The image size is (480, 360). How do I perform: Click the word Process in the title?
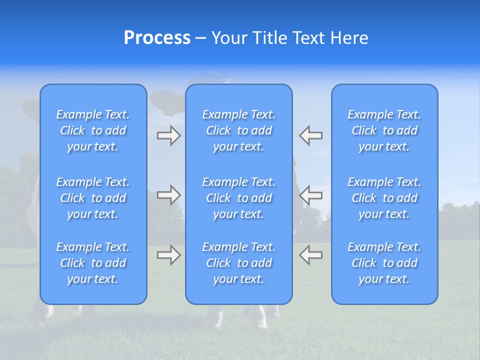tap(157, 38)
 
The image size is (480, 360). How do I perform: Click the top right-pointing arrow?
tap(169, 135)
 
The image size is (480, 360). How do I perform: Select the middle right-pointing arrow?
tap(169, 195)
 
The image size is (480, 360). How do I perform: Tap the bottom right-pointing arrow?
tap(169, 254)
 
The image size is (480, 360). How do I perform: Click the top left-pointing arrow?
tap(311, 135)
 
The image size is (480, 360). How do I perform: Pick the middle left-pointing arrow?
tap(311, 195)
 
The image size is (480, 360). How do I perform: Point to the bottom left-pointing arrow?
tap(311, 254)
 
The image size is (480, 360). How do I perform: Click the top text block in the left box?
tap(93, 130)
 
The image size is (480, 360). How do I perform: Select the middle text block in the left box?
tap(93, 198)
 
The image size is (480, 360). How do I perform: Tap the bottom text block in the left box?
tap(93, 263)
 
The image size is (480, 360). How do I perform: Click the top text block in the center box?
tap(239, 130)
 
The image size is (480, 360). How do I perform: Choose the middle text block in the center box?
tap(239, 198)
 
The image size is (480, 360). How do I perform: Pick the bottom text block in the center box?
tap(239, 263)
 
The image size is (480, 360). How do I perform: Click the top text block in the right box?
tap(384, 130)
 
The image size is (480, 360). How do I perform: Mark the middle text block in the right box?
tap(384, 198)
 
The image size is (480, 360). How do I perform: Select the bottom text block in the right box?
tap(384, 263)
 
